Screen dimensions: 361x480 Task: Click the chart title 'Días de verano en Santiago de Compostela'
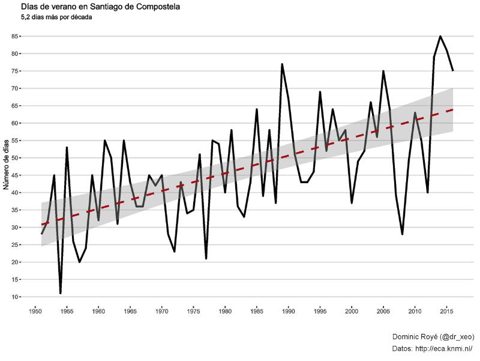(100, 7)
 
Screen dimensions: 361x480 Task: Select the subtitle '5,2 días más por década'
(56, 17)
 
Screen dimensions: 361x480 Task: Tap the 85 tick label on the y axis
(14, 37)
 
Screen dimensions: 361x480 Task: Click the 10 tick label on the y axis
(14, 297)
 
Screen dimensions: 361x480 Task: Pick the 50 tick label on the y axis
(14, 158)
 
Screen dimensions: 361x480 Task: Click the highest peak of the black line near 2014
(440, 36)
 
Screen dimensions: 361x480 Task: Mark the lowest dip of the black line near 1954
(61, 293)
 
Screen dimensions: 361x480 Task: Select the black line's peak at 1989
(282, 64)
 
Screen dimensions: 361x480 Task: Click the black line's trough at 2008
(402, 234)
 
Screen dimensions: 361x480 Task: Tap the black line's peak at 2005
(383, 71)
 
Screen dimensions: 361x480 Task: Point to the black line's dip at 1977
(206, 258)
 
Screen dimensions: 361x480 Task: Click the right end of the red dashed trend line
(452, 109)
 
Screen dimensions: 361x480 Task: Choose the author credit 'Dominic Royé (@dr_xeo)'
(432, 336)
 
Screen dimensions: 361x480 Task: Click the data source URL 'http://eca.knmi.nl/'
(443, 348)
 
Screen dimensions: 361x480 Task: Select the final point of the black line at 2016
(453, 71)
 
